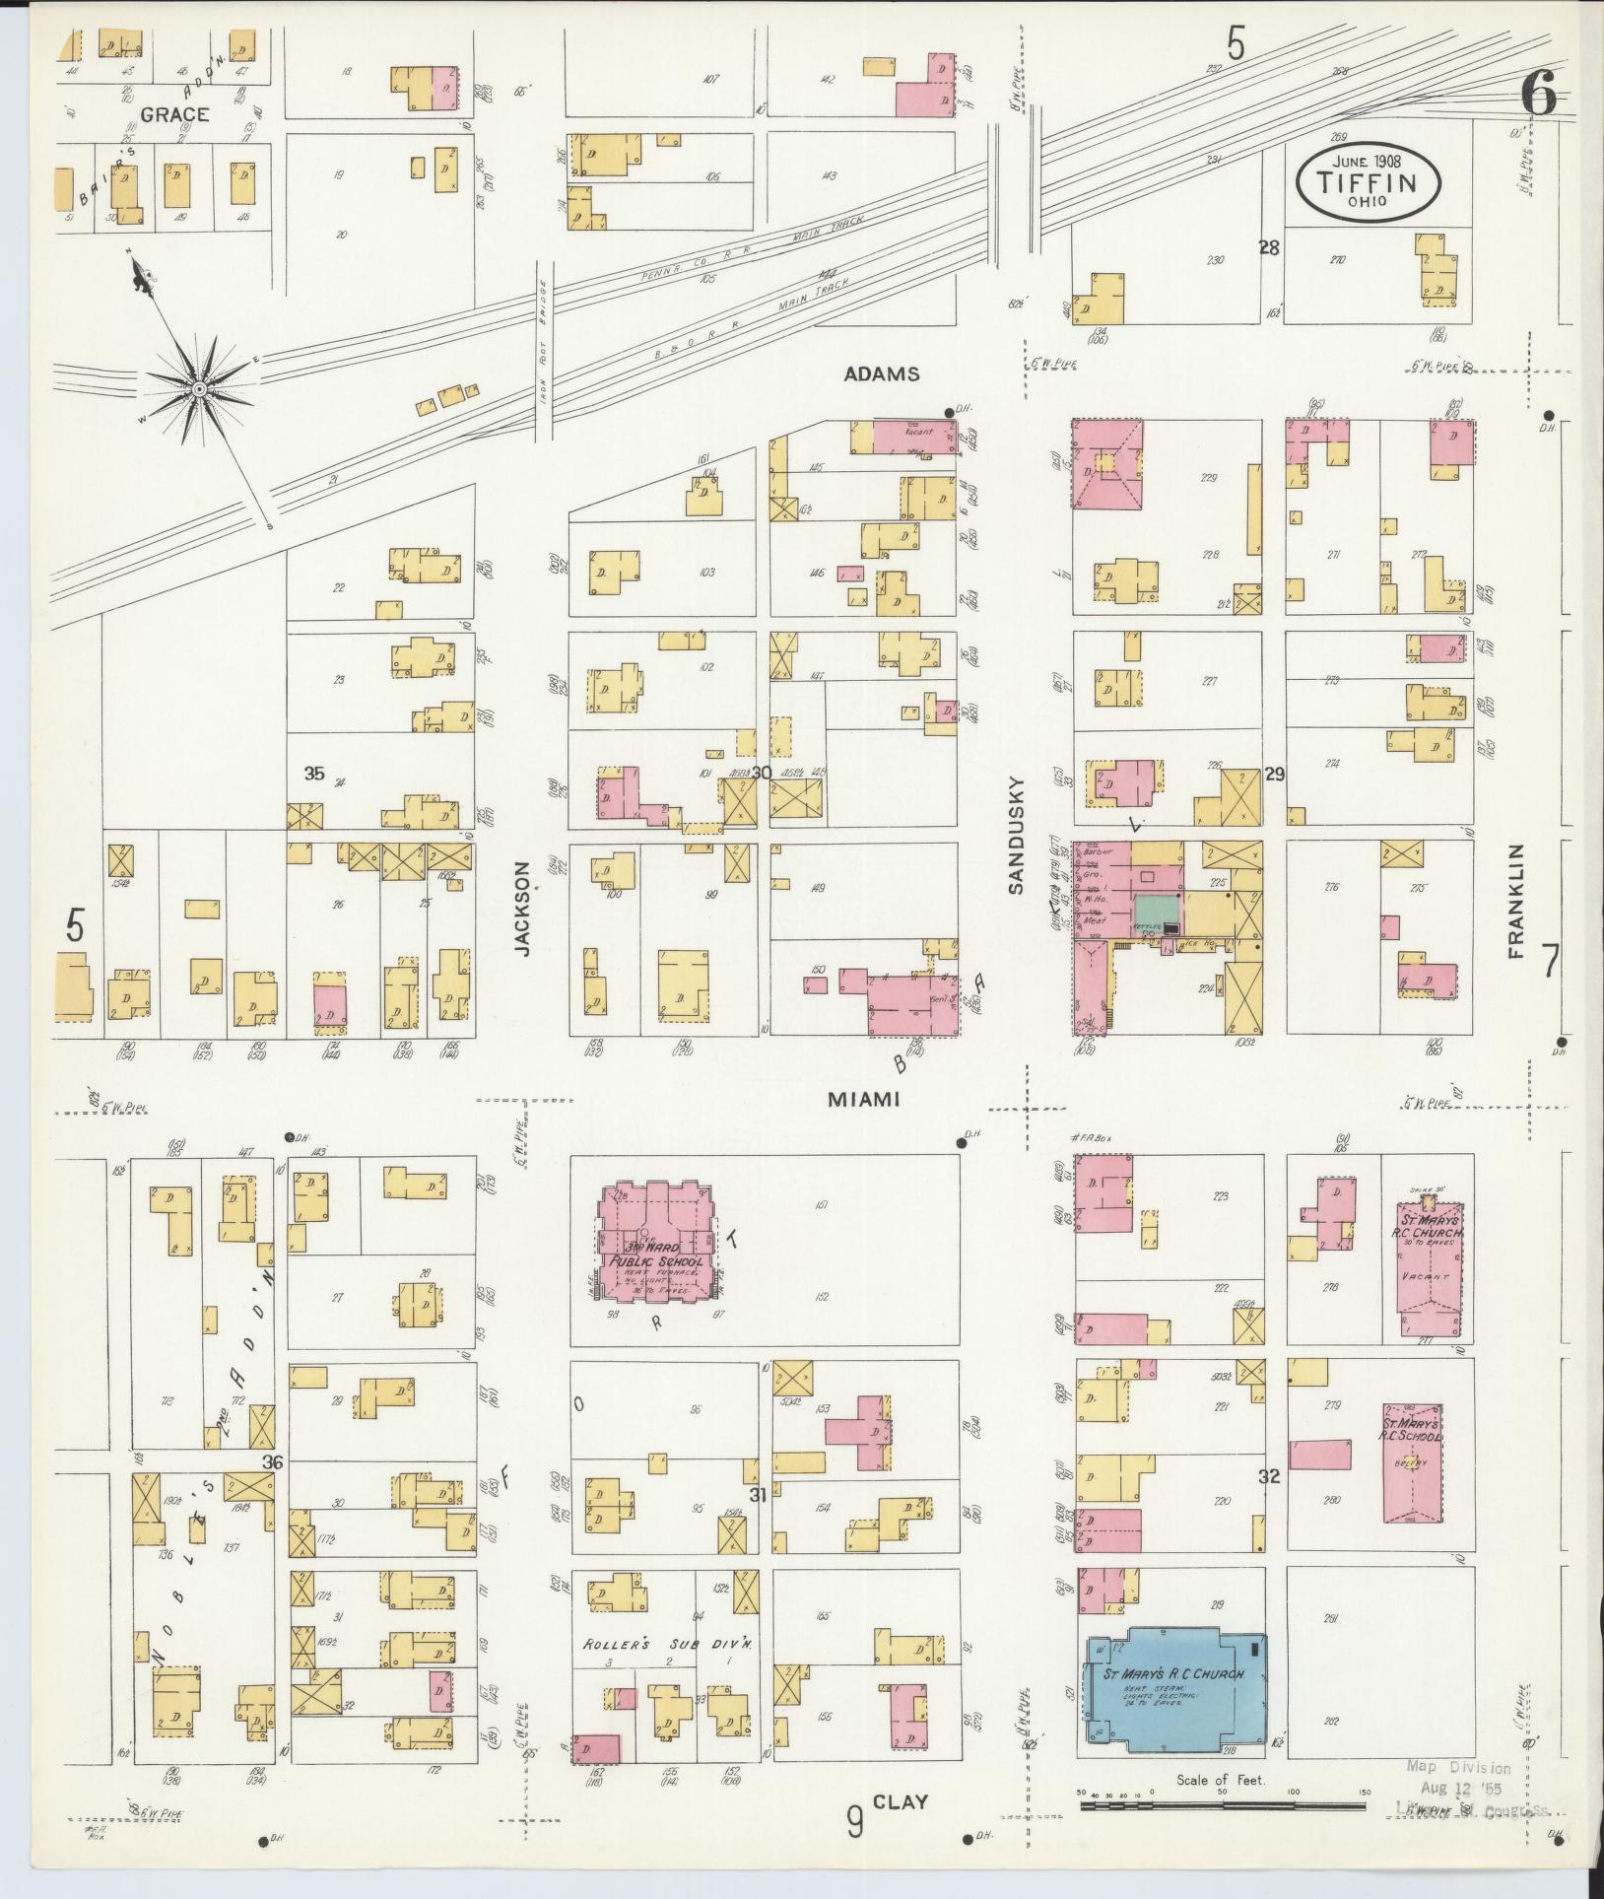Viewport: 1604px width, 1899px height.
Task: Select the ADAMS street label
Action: coord(882,374)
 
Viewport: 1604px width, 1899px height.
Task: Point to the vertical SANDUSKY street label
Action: coord(1017,836)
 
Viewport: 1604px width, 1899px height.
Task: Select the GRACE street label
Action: coord(173,114)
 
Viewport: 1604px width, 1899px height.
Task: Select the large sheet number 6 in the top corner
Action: coord(1537,96)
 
